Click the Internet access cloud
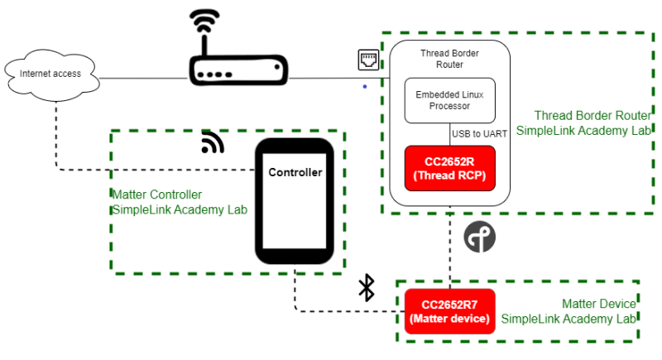pos(51,76)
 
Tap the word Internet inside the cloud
pos(35,74)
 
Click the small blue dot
pos(364,86)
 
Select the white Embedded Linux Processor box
pos(449,100)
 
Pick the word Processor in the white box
pos(449,106)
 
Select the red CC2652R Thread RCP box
pos(449,168)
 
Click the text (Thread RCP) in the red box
pos(449,175)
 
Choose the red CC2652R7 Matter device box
pos(449,311)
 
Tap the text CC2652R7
pos(449,304)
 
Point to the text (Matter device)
pos(449,319)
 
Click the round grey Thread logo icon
pos(479,238)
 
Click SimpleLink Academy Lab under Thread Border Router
pos(584,130)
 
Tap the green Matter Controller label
pos(156,195)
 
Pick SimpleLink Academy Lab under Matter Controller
pos(180,210)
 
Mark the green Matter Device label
pos(599,305)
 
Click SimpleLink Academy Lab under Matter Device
pos(569,319)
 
